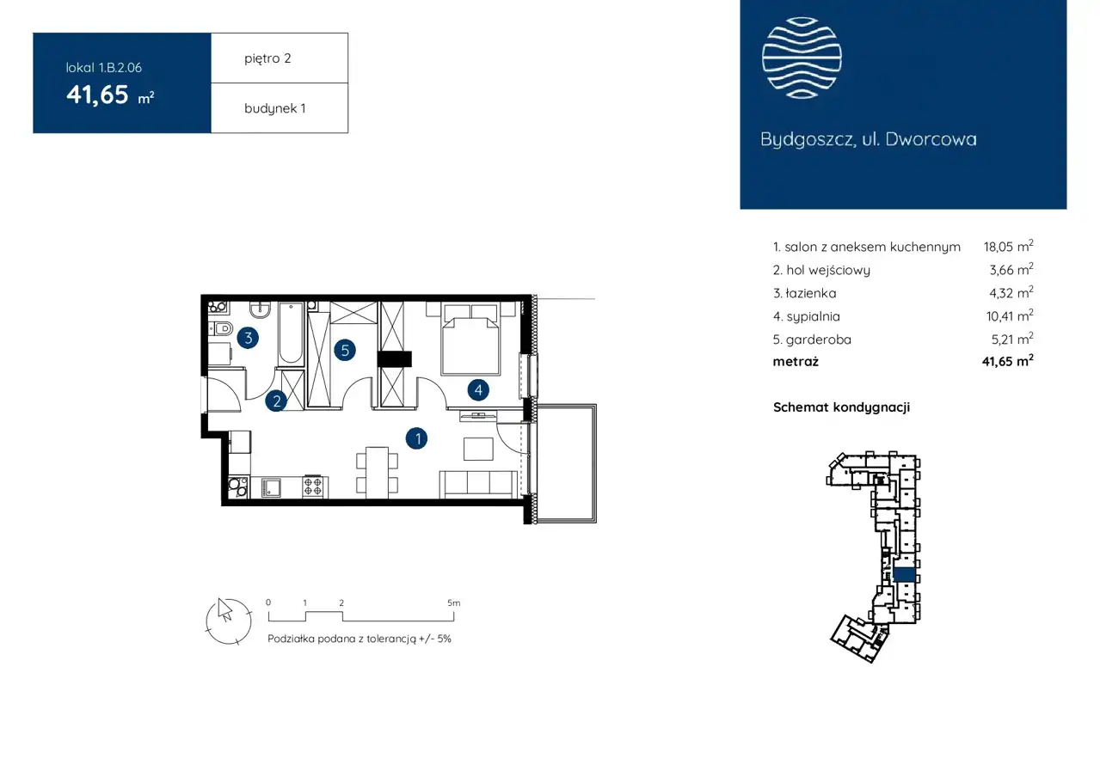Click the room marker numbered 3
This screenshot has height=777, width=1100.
(x=248, y=338)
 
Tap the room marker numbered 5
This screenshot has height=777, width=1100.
(x=345, y=350)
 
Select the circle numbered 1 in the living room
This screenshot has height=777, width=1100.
(x=416, y=438)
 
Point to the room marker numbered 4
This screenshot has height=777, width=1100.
(x=478, y=389)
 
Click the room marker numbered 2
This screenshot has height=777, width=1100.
(x=276, y=401)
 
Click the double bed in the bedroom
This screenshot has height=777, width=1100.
(x=471, y=340)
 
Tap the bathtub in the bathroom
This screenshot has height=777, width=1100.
(x=291, y=333)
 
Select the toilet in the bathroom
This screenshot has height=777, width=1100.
(x=220, y=327)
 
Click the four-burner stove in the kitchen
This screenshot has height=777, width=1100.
(x=313, y=486)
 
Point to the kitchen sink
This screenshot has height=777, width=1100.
(x=271, y=487)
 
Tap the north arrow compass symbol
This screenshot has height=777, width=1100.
(x=229, y=621)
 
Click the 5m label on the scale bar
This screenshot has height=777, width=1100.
(x=454, y=603)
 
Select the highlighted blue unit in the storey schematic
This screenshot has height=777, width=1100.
(x=904, y=575)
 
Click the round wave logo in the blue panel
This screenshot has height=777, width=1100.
(x=802, y=58)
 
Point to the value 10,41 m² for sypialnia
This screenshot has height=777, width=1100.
(x=1009, y=315)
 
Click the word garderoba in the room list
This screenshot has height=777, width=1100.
(x=818, y=340)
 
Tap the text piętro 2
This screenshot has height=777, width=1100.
(x=267, y=58)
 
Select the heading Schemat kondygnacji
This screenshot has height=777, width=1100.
(x=841, y=407)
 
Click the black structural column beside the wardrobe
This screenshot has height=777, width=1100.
(x=394, y=359)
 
